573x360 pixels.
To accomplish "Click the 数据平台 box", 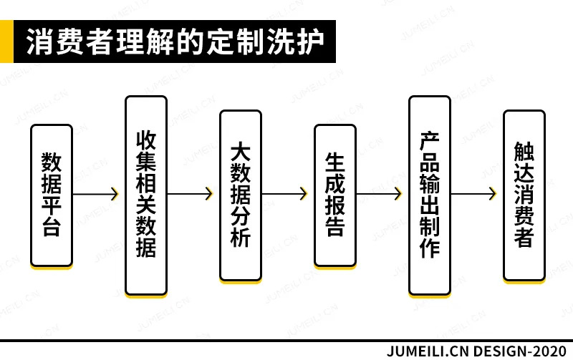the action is [52, 195].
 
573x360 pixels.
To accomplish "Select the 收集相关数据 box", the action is [146, 195].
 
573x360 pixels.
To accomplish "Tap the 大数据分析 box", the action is [241, 195].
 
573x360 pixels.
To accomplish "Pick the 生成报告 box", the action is [335, 195].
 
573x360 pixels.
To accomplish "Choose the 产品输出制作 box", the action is [430, 195].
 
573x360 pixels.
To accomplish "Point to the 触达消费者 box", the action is [524, 195].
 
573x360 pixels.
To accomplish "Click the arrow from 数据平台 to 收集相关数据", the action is [96, 194].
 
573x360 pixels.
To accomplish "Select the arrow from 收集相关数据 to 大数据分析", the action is [191, 194].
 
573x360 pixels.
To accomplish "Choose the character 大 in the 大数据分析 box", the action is [241, 152].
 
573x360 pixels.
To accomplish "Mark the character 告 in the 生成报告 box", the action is [335, 226].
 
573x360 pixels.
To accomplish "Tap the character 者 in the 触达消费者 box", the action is [524, 237].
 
